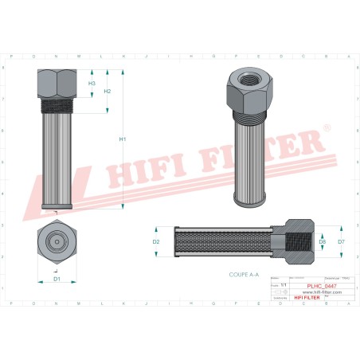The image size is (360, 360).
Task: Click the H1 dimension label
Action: tap(123, 140)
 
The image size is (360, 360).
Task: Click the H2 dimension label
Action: tap(108, 91)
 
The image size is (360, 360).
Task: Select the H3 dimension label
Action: tap(92, 83)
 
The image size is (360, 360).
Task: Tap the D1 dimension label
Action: tap(57, 279)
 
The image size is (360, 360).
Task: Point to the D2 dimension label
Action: tap(156, 241)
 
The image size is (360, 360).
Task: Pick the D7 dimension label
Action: tap(341, 241)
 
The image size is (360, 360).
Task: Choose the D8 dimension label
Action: tap(322, 241)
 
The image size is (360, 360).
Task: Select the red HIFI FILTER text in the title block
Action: tap(304, 298)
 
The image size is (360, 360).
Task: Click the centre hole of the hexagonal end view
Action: tap(57, 241)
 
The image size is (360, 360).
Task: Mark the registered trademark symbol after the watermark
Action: tap(325, 127)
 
